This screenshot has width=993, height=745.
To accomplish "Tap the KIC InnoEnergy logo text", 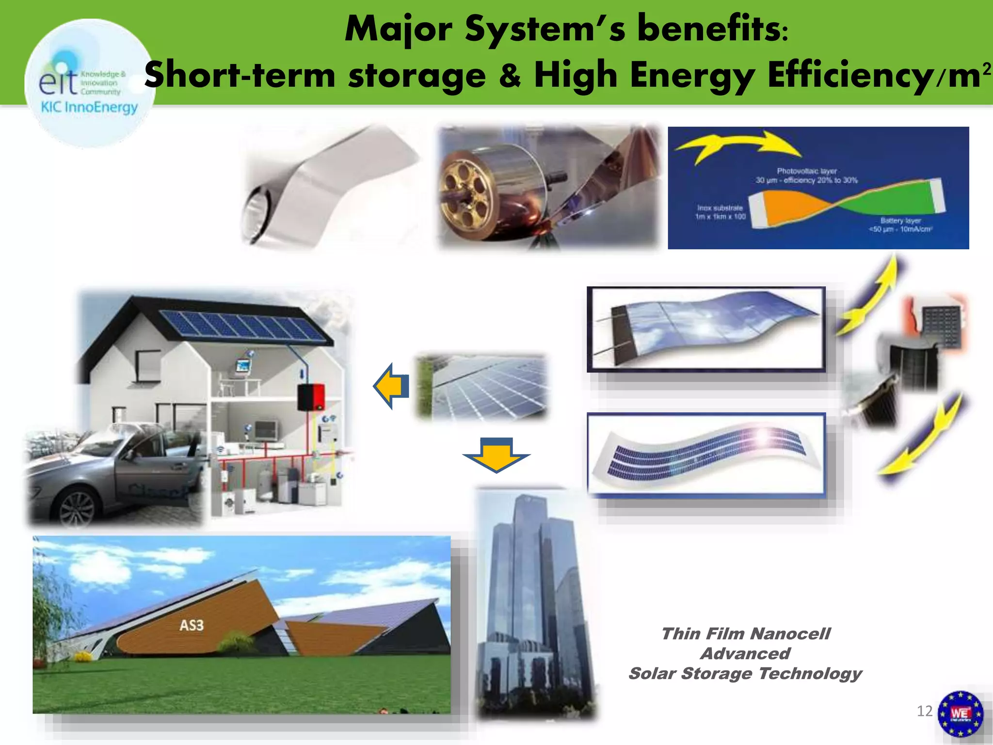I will (89, 107).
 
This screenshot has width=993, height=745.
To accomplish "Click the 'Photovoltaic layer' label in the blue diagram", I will (806, 171).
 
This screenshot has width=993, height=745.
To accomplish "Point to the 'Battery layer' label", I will (900, 220).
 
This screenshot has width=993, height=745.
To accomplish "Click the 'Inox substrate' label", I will (720, 208).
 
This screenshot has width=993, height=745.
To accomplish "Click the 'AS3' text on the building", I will (192, 625).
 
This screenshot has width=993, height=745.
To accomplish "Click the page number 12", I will (924, 711).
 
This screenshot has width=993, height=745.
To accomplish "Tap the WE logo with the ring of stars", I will (960, 713).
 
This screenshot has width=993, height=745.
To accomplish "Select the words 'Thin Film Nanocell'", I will (745, 634).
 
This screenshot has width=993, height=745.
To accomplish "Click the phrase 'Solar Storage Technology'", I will (745, 674).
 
